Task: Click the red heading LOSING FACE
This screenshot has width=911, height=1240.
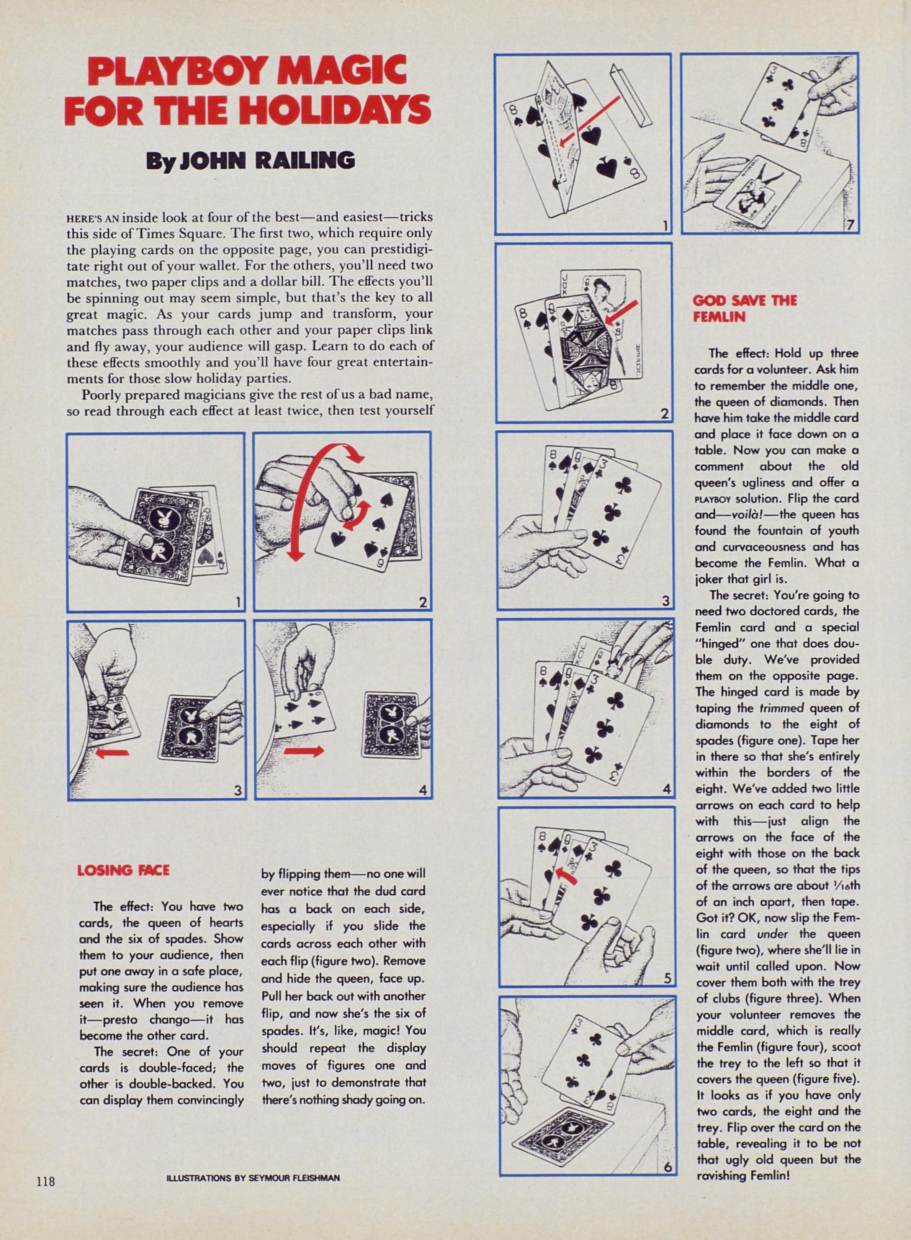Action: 124,870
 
